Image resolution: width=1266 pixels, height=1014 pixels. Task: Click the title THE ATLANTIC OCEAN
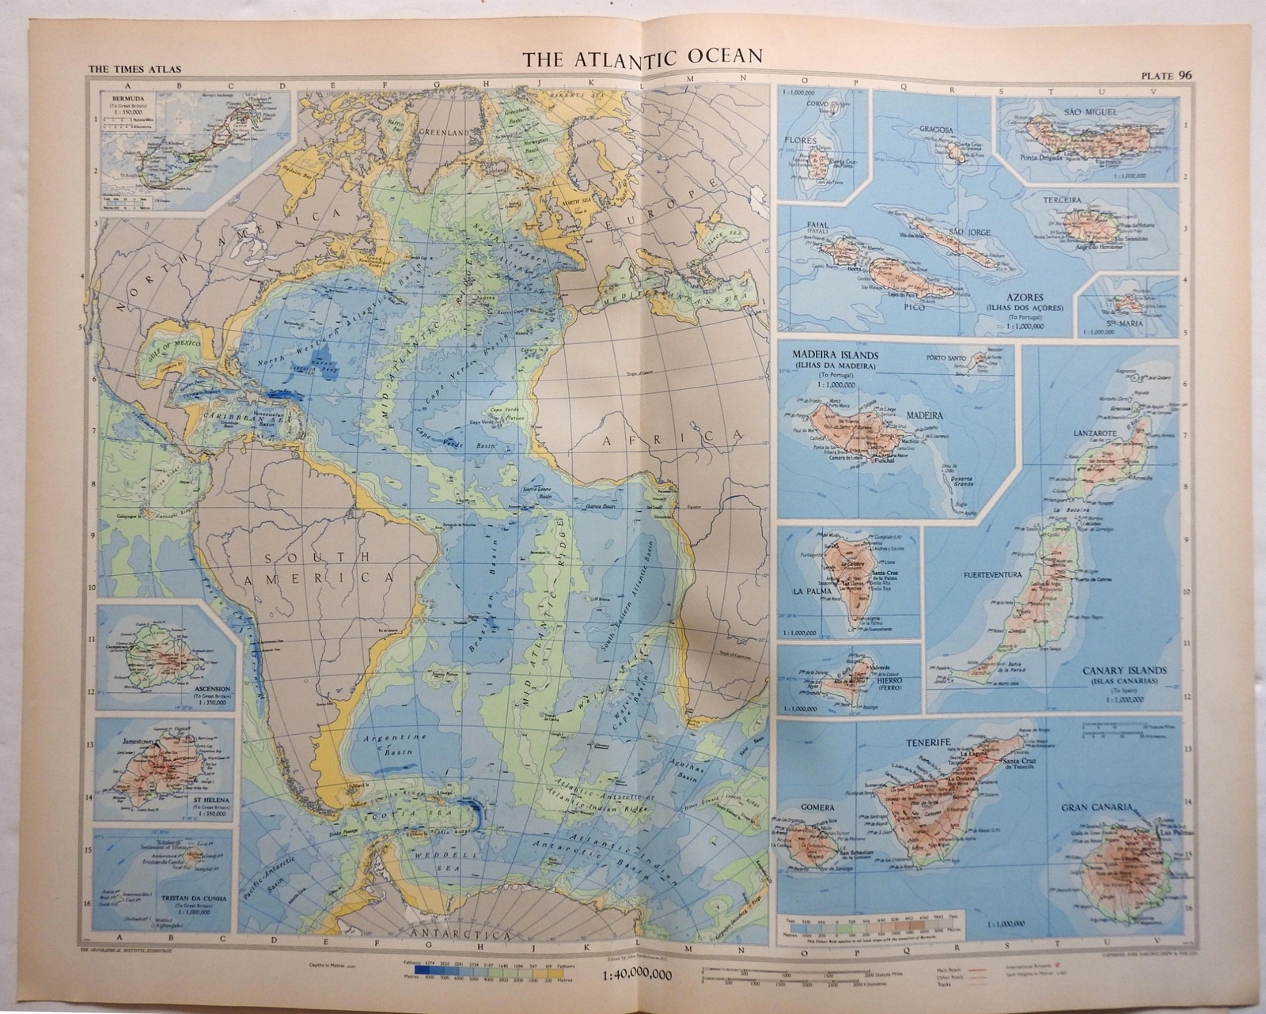(x=642, y=56)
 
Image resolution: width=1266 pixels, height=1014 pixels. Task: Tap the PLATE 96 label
(x=1166, y=76)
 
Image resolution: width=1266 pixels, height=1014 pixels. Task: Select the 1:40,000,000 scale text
(x=632, y=975)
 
